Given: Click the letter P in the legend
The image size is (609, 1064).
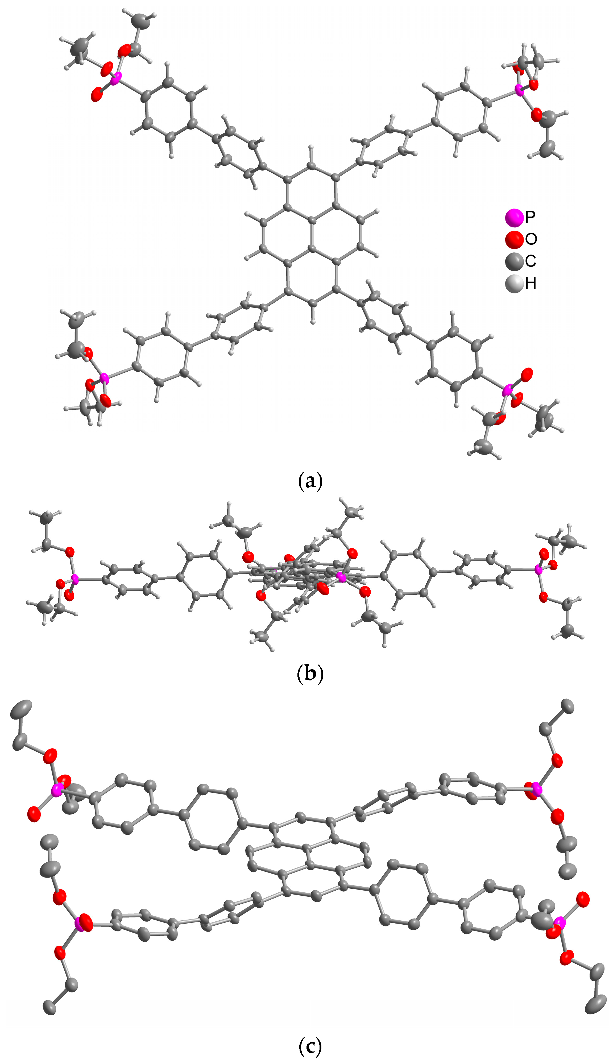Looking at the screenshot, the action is pyautogui.click(x=530, y=217).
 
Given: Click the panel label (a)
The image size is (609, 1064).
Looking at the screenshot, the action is pyautogui.click(x=310, y=482).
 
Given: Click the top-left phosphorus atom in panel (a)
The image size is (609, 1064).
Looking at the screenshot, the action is pyautogui.click(x=116, y=77).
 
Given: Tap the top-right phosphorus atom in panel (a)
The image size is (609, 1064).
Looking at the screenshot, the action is pyautogui.click(x=519, y=89).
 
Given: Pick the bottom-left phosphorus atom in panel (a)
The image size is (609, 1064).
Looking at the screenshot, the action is pyautogui.click(x=104, y=379).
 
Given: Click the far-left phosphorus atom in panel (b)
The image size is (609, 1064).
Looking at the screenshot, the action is pyautogui.click(x=74, y=579).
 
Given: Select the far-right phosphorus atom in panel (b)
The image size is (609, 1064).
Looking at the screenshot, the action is pyautogui.click(x=538, y=570).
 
